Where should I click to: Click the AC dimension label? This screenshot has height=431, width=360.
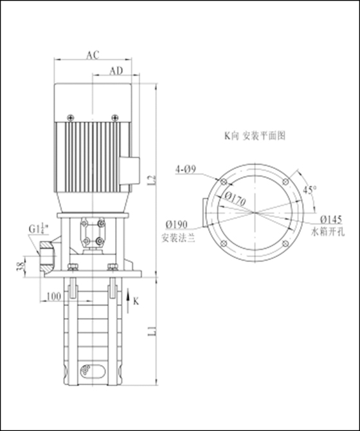tap(93, 55)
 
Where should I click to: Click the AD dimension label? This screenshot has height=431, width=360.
tap(116, 71)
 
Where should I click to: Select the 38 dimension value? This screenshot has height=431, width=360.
tap(21, 266)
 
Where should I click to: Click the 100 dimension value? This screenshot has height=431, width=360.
tap(54, 296)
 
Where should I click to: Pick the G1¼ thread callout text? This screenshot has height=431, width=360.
tap(39, 229)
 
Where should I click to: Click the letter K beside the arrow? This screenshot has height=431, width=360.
tap(136, 301)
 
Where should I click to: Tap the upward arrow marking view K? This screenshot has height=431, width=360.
tap(128, 301)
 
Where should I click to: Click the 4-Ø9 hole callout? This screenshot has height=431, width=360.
tap(186, 170)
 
